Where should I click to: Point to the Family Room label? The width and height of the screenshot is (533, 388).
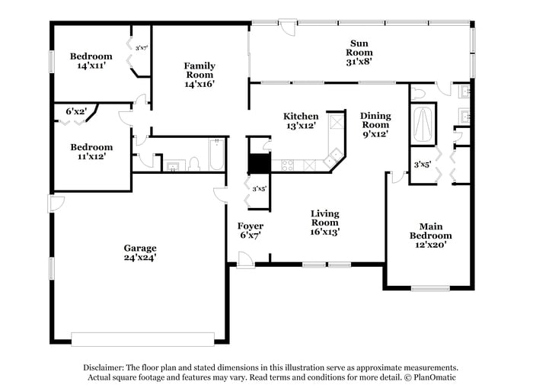point(199,75)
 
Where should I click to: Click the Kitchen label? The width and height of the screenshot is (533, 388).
point(301,120)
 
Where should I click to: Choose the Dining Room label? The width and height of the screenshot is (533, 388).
point(375,124)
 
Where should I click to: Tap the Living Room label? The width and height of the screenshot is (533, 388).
point(324,222)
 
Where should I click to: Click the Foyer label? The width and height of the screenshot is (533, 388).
point(251,230)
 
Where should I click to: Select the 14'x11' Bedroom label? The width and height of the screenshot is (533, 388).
point(91,61)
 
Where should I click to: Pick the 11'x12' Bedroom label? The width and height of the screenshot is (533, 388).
point(91,151)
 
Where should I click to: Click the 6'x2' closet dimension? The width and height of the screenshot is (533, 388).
point(75,111)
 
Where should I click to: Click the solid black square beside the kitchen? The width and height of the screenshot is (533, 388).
point(260,163)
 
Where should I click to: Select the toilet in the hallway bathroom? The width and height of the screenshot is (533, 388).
point(193,164)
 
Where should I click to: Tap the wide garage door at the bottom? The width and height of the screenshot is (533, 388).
point(144,338)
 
